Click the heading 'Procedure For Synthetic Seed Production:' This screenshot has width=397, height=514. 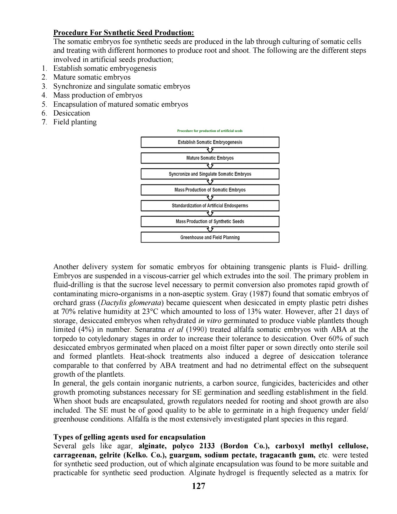(124, 33)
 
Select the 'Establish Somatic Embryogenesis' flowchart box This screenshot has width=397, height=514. (210, 142)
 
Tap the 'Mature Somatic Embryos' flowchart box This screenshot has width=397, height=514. (210, 158)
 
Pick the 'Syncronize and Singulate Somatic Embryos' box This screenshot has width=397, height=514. (210, 174)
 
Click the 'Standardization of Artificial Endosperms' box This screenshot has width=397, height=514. (210, 205)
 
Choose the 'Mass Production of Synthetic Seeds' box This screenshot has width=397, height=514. (210, 221)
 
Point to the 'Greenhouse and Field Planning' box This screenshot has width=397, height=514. (210, 237)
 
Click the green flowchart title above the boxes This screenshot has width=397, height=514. (210, 131)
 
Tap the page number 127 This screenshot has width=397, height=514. (198, 486)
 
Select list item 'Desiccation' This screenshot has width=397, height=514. (72, 113)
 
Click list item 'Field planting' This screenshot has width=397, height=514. (75, 122)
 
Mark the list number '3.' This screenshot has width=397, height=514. (44, 86)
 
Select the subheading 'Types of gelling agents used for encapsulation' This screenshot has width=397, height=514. (129, 437)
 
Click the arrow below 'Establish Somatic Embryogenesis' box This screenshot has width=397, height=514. (210, 150)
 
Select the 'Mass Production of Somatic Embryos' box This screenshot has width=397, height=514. (210, 190)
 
